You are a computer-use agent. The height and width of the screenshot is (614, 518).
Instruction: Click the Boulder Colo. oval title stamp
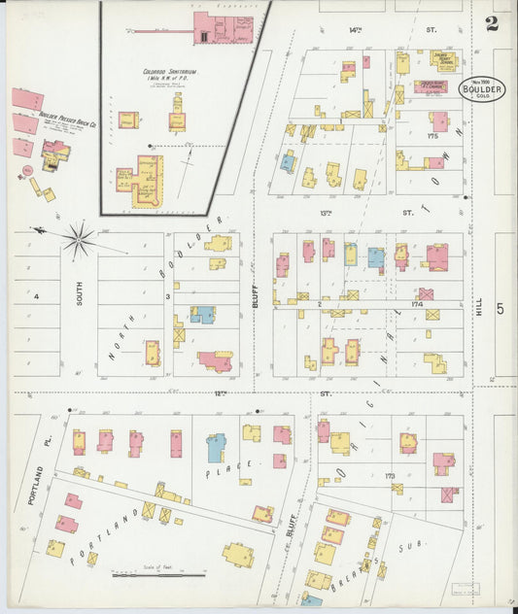(482, 90)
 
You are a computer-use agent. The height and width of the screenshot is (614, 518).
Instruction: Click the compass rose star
(79, 236)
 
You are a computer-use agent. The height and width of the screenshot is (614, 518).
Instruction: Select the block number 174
(419, 303)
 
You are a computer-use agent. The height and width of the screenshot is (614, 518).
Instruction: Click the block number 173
(389, 476)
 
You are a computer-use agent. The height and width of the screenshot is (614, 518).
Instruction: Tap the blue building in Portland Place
(215, 448)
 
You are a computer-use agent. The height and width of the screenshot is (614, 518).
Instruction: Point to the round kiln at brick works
(28, 170)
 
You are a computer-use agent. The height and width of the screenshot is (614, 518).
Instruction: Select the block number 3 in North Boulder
(168, 295)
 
